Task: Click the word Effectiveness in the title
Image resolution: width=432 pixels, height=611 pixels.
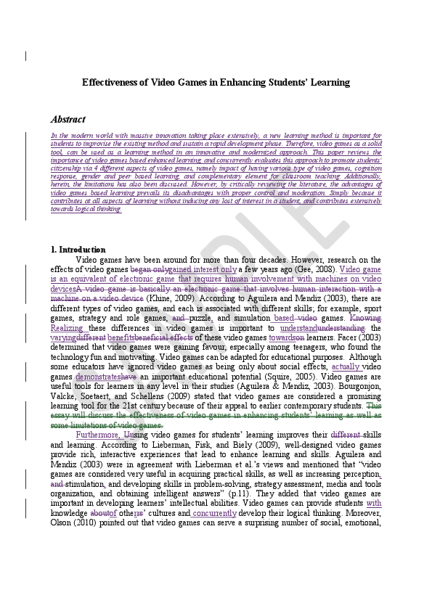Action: click(108, 83)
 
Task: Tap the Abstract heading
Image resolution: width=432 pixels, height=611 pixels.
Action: click(68, 119)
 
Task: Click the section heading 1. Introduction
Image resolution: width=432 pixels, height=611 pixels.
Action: click(78, 250)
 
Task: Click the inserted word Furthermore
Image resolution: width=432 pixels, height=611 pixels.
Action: click(99, 435)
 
